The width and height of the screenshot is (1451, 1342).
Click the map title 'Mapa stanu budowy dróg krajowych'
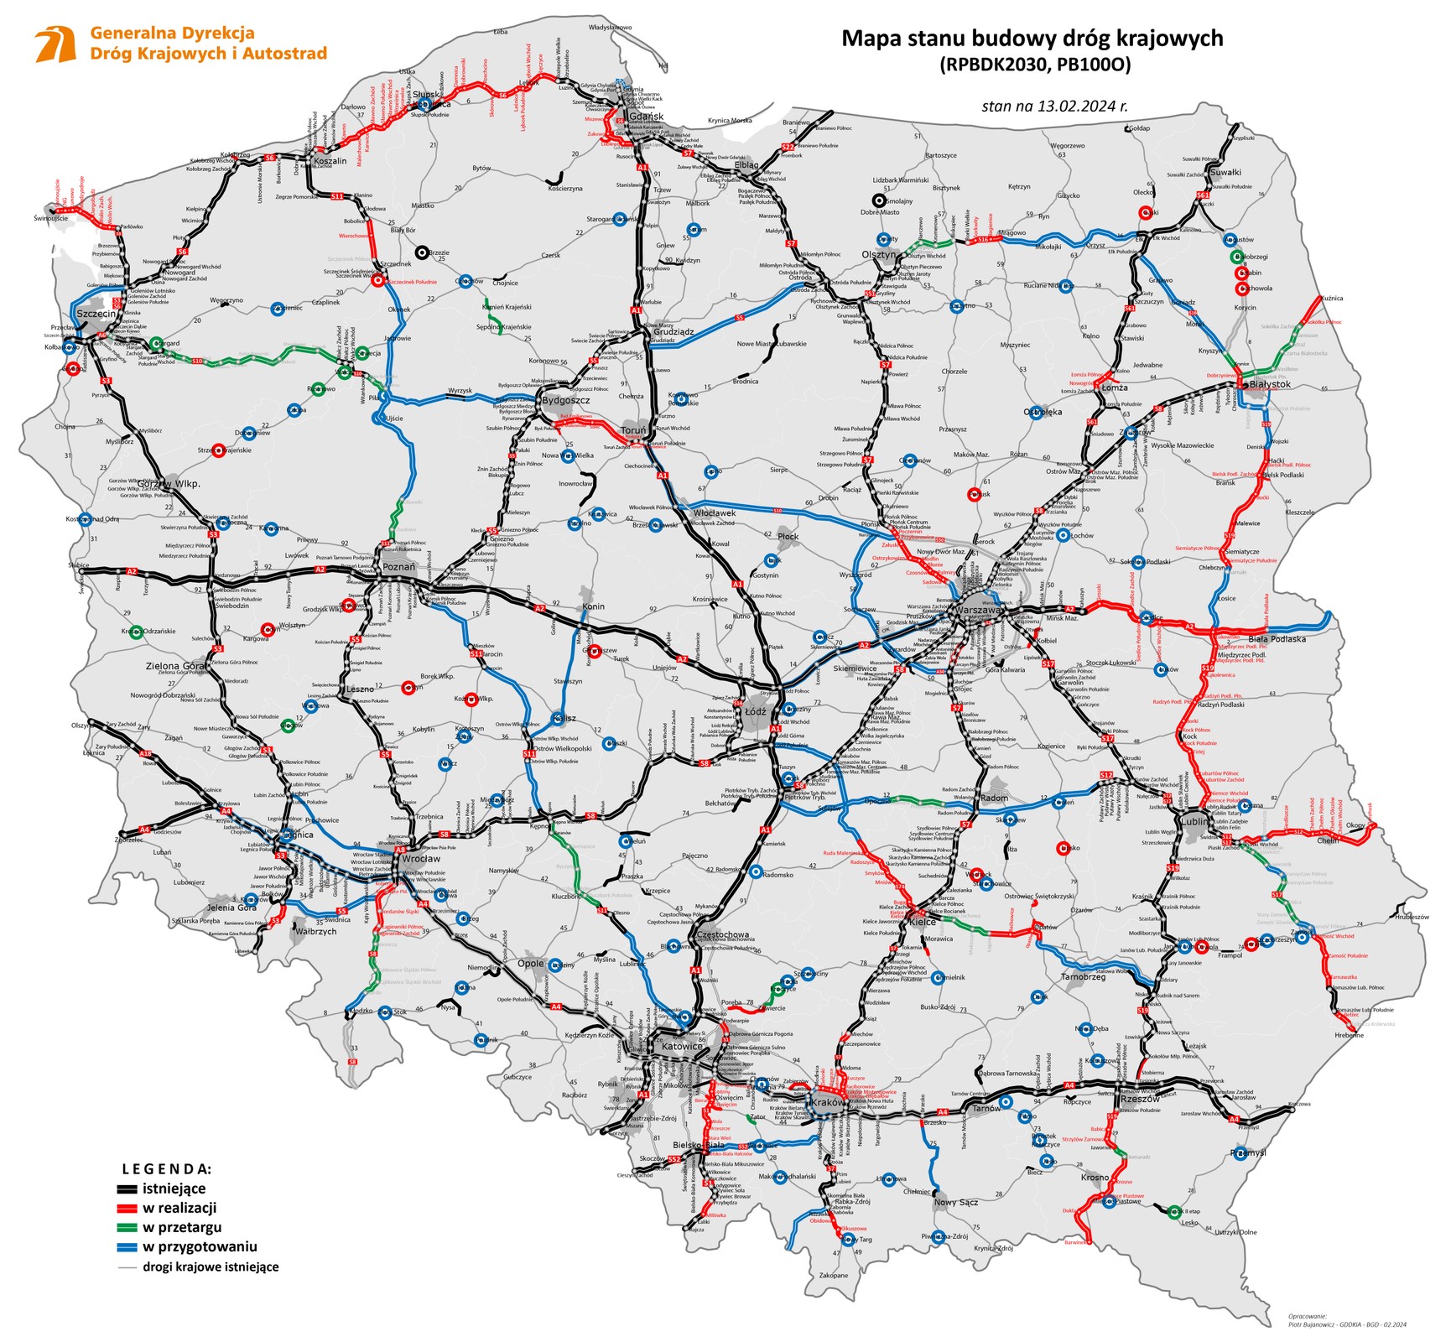[x=1032, y=39]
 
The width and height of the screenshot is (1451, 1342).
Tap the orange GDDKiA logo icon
[x=55, y=44]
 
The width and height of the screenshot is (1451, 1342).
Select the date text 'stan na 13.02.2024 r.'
[x=1054, y=107]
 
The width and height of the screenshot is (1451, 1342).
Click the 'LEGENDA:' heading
[x=167, y=1168]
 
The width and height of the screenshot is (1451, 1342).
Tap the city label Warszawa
[x=978, y=610]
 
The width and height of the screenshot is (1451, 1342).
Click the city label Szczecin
[x=96, y=314]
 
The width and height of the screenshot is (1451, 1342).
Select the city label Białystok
[x=1269, y=384]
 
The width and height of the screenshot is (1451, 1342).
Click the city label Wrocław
[x=420, y=858]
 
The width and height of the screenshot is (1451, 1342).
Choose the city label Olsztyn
[x=879, y=254]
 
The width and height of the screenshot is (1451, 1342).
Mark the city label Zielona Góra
[x=175, y=666]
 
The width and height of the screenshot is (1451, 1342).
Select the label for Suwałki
[x=1225, y=172]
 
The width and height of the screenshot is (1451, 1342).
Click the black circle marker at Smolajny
[x=878, y=200]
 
